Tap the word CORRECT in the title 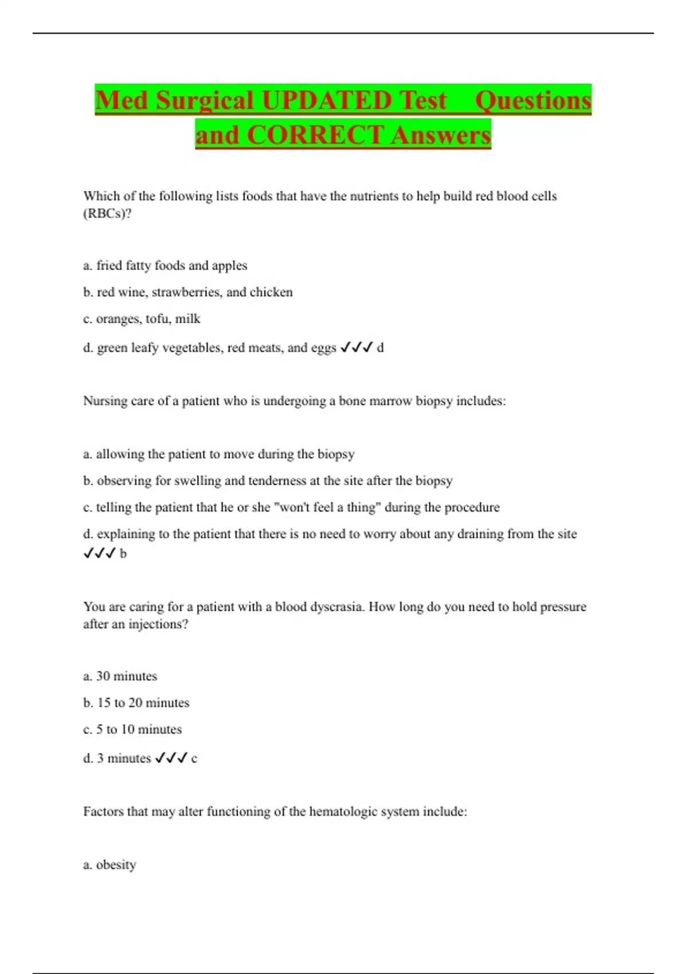[x=314, y=135]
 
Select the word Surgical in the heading [x=204, y=100]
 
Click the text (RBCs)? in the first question [x=107, y=214]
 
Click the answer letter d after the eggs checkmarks [x=380, y=348]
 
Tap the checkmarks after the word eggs [x=356, y=347]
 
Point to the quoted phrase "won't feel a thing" [x=326, y=508]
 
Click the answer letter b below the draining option [x=123, y=554]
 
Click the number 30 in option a [x=103, y=676]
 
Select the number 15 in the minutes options [x=104, y=703]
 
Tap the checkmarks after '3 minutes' [x=171, y=758]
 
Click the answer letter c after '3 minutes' [x=194, y=759]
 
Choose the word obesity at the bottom [x=116, y=865]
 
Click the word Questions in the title [x=533, y=100]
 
